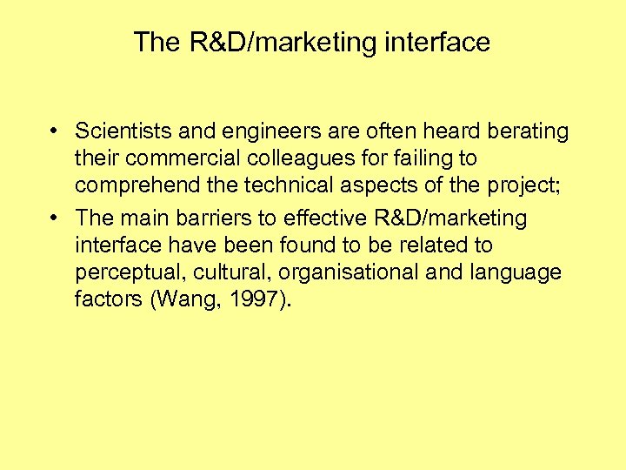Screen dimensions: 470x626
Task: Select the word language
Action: tap(517, 272)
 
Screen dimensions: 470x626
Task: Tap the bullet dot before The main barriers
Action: tap(54, 218)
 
